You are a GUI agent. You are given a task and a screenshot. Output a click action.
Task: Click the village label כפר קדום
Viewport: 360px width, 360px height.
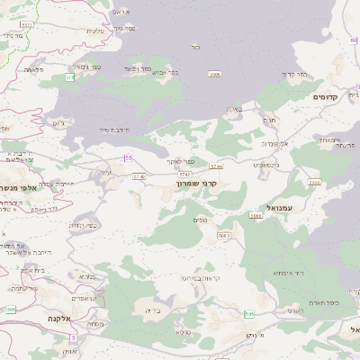(294, 76)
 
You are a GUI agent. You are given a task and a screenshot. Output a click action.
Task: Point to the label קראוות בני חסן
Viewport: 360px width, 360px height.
(185, 278)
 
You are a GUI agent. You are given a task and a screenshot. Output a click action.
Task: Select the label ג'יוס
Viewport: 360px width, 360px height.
(59, 121)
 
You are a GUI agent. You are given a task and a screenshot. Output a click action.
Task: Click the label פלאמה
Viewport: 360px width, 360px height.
(33, 69)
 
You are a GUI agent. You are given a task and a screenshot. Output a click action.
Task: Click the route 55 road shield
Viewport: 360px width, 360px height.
(129, 157)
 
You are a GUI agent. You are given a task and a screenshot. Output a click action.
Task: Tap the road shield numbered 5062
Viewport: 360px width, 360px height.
(224, 236)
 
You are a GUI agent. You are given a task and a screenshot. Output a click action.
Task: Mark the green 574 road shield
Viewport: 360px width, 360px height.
(70, 77)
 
